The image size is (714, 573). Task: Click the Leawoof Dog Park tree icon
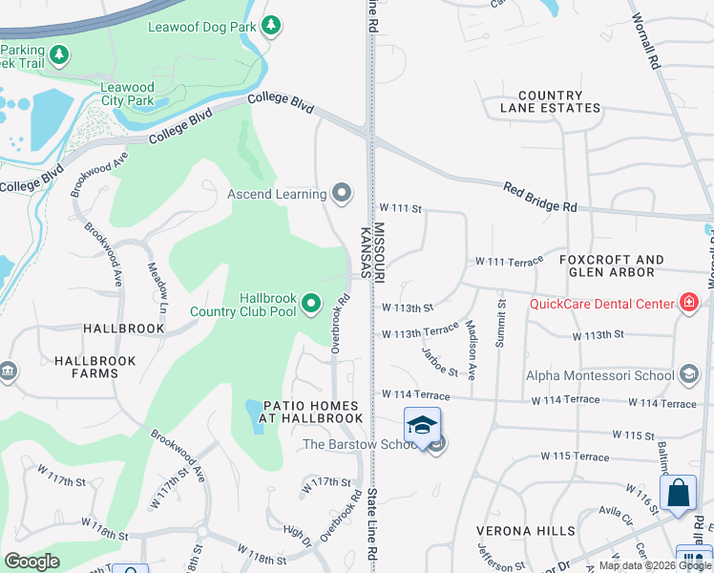[x=271, y=25]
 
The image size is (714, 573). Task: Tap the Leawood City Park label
[x=128, y=94]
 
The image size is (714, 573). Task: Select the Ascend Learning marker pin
[x=343, y=194]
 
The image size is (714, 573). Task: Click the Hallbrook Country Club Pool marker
[x=310, y=305]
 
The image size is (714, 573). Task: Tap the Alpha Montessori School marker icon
[x=689, y=375]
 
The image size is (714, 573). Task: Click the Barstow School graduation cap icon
[x=422, y=425]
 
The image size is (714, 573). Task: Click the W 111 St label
[x=400, y=207]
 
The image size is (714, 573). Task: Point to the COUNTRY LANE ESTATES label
[x=550, y=101]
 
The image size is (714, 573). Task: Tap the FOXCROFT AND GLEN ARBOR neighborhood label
[x=611, y=266]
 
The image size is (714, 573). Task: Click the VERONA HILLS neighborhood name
[x=528, y=530]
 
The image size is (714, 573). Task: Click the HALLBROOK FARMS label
[x=95, y=368]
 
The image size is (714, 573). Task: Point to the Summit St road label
[x=501, y=324]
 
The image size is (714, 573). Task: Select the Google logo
[x=31, y=562]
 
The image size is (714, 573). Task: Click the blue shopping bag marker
[x=678, y=493]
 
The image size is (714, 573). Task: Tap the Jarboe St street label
[x=440, y=361]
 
